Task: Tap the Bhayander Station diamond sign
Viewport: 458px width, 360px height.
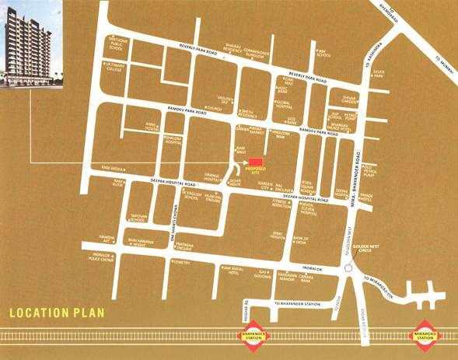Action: (x=251, y=337)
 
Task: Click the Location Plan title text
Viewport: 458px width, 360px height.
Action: (x=57, y=314)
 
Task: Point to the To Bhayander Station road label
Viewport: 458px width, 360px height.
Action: (x=292, y=303)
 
